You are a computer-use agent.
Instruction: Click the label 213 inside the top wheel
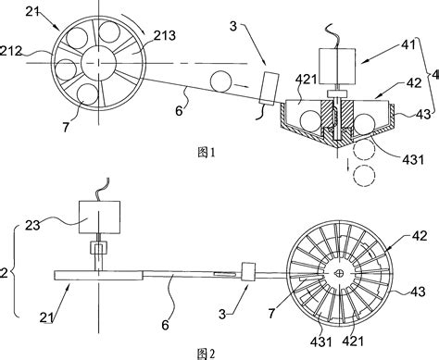point(165,36)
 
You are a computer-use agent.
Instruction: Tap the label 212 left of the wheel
point(10,51)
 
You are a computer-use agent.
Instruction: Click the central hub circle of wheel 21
point(98,63)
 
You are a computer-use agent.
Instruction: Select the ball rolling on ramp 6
point(220,81)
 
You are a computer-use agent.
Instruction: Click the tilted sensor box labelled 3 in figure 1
point(269,88)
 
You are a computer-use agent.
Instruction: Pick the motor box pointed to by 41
point(337,66)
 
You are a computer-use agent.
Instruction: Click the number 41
point(408,45)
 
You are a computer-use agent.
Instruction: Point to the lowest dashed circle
point(364,176)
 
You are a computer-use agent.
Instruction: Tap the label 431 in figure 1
point(413,159)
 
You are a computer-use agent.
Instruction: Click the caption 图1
point(206,153)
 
